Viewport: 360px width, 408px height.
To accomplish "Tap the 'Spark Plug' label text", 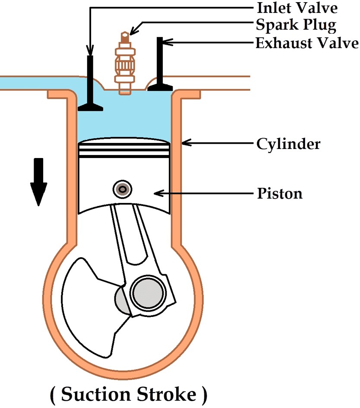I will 296,25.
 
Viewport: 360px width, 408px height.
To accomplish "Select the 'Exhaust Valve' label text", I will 307,43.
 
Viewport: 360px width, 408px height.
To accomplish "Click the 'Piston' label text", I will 280,193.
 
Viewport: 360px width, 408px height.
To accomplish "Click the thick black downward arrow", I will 38,181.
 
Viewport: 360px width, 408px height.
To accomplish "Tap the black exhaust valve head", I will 160,87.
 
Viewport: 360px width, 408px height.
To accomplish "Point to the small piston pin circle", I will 123,189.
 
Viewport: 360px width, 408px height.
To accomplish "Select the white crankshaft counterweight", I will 86,302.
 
